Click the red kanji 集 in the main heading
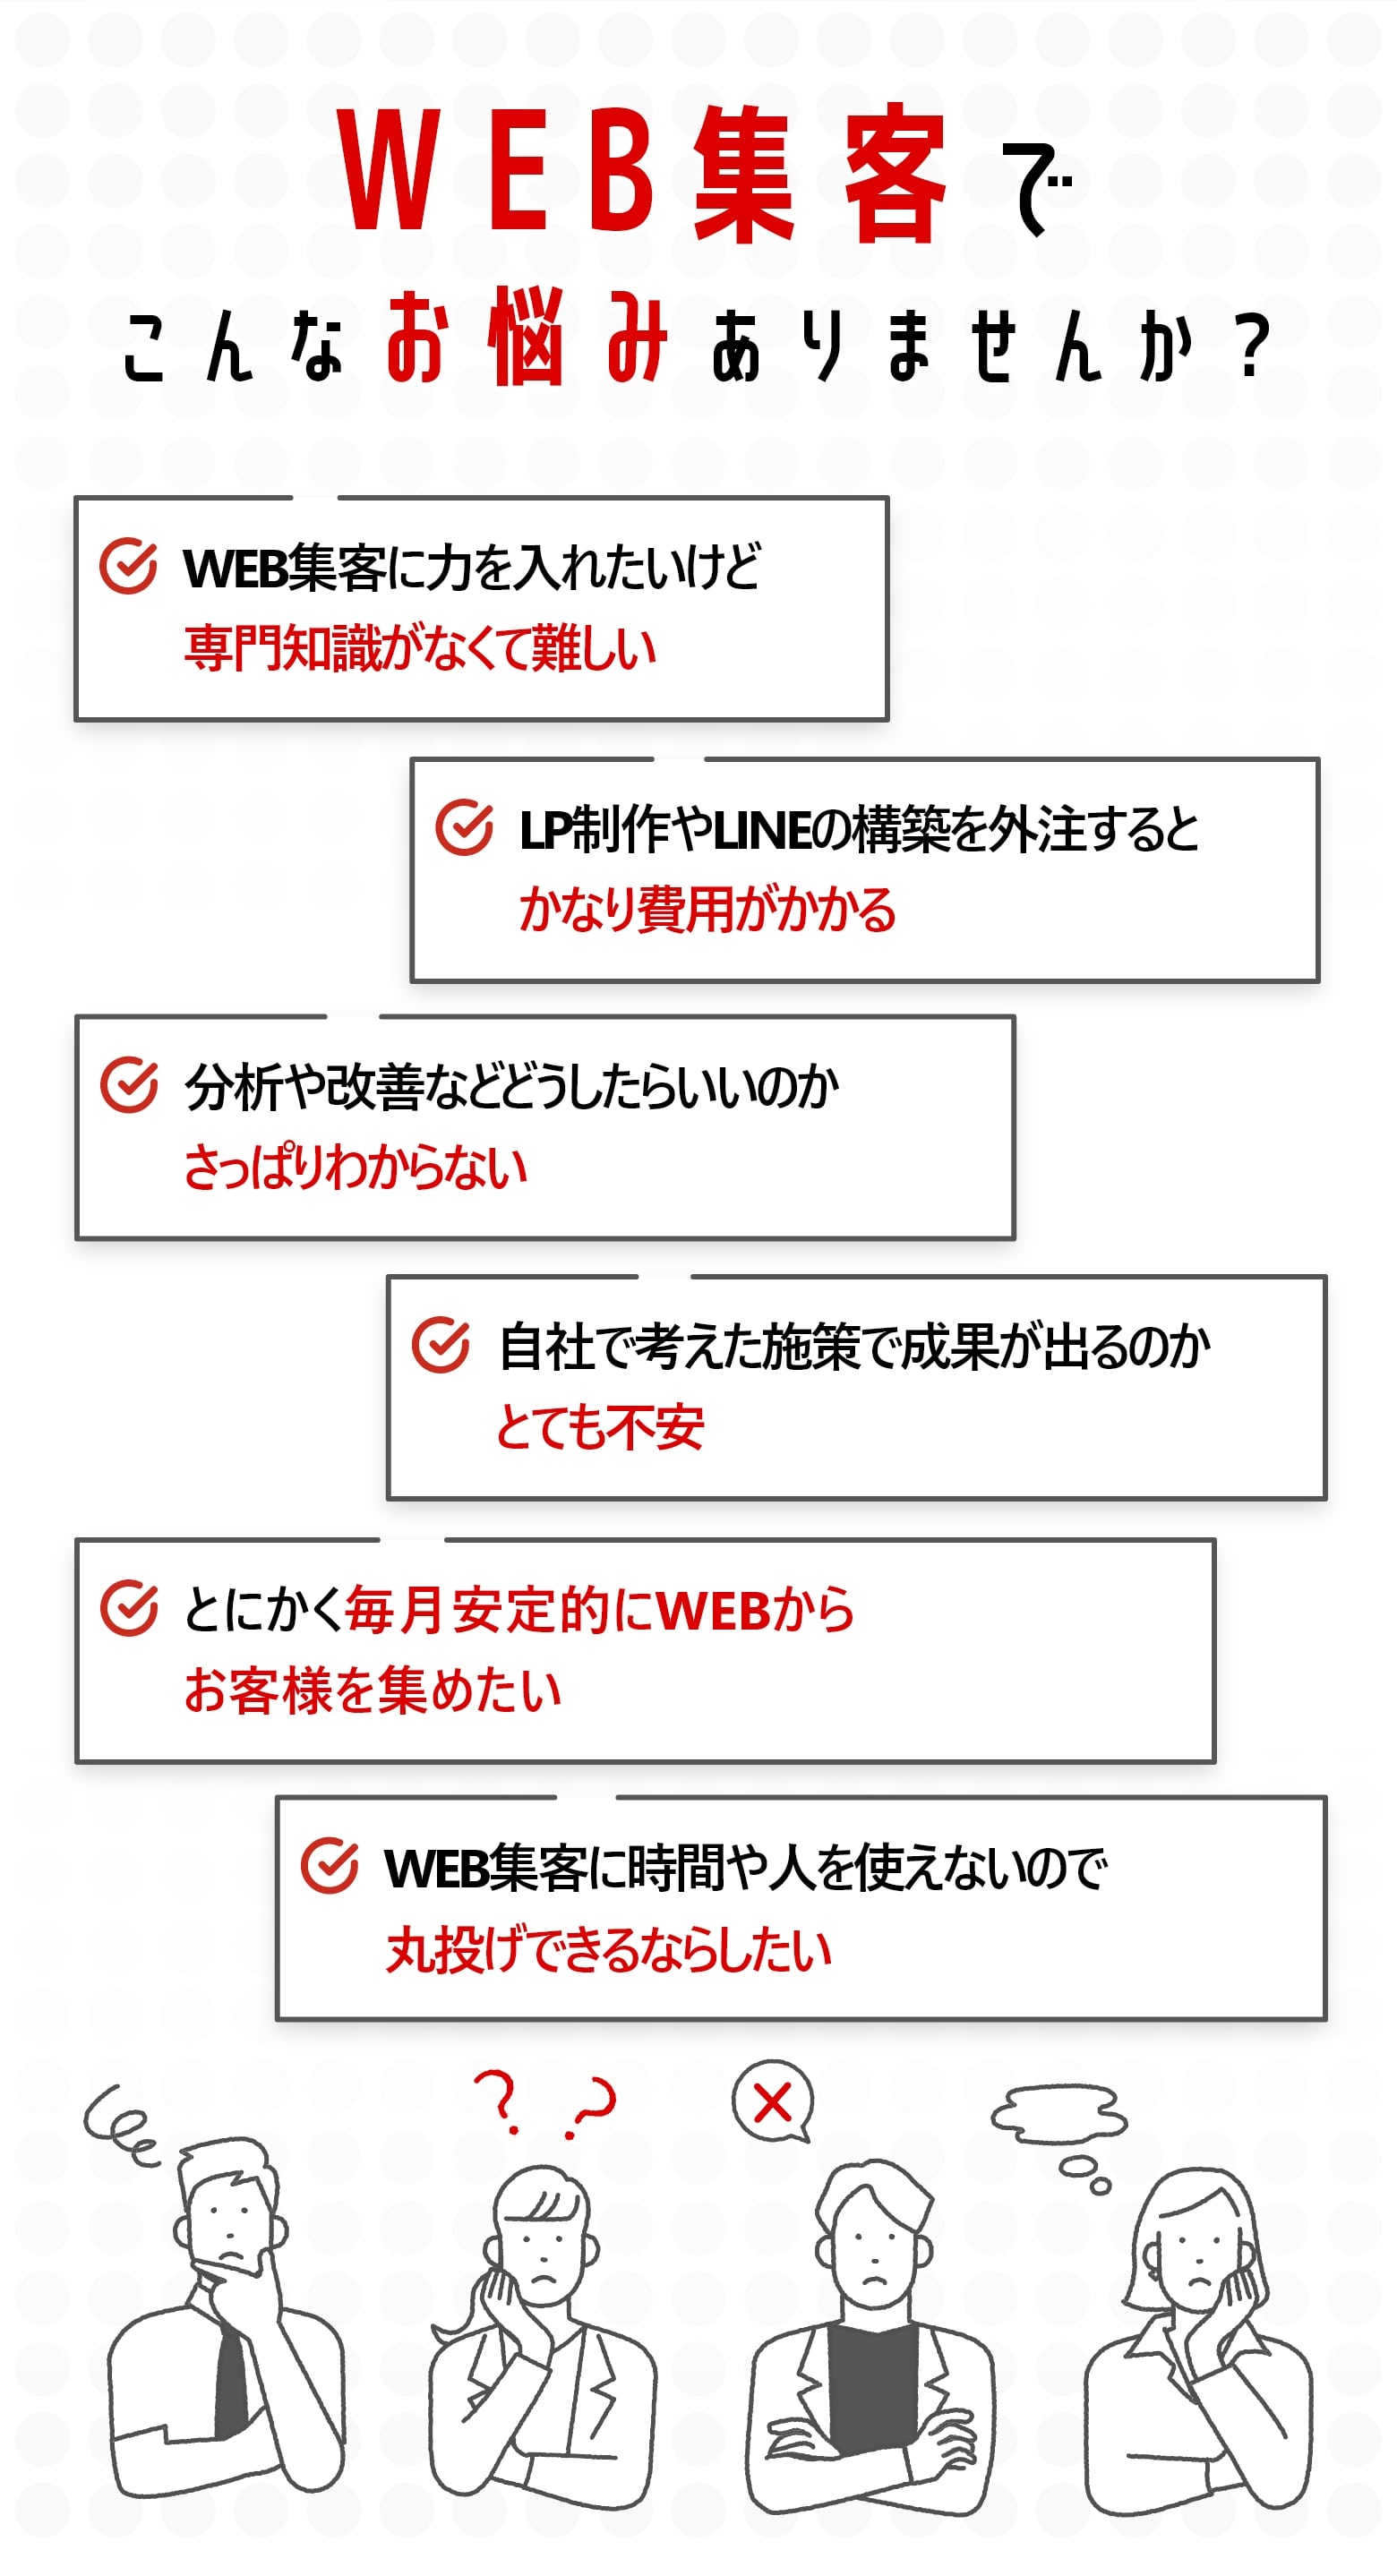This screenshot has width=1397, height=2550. pos(743,175)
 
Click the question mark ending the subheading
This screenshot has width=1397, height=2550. pos(1254,346)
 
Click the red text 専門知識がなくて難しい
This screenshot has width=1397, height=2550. pos(420,648)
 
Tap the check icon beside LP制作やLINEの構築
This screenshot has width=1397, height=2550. pos(465,826)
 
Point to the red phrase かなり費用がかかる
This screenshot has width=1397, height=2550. pos(707,909)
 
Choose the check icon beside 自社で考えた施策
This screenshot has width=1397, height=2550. pos(441,1345)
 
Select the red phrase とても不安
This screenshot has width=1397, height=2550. pos(600,1427)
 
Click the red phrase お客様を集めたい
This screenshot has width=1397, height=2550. pos(373,1690)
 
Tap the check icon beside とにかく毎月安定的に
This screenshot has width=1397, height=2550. pos(129,1609)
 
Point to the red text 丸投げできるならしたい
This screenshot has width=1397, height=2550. pos(608,1950)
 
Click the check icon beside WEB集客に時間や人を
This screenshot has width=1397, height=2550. pos(330,1867)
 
